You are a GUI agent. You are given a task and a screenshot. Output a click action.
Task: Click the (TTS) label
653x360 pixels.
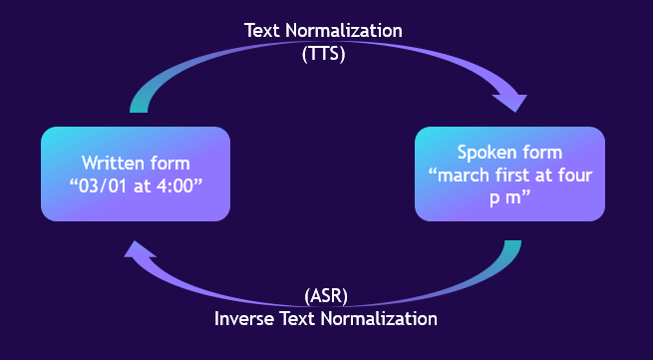(x=323, y=54)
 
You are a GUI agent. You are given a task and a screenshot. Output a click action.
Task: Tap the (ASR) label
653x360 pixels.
(x=325, y=296)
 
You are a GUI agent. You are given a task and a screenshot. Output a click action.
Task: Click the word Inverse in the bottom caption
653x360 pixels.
(x=245, y=319)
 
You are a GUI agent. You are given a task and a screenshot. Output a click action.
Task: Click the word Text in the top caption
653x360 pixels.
(x=262, y=30)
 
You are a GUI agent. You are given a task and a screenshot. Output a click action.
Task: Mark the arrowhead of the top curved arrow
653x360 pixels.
(x=511, y=101)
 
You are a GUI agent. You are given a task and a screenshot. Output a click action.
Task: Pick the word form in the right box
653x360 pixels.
(x=541, y=153)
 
